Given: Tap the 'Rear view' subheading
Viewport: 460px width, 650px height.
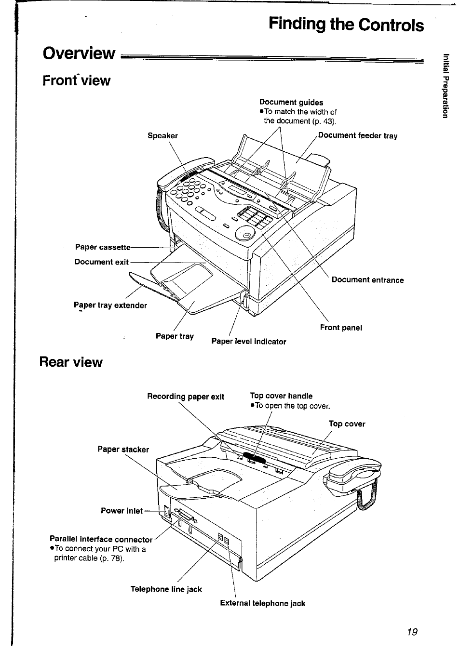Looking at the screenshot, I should tap(71, 362).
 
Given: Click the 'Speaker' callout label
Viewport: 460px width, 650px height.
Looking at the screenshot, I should tap(162, 136).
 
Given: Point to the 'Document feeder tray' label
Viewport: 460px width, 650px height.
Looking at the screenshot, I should tap(357, 136).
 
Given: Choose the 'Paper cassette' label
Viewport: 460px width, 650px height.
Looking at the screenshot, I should tap(103, 247).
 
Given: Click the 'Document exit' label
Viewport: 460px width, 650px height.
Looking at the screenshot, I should tap(101, 262).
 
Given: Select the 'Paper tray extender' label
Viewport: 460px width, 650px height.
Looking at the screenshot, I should tap(110, 305).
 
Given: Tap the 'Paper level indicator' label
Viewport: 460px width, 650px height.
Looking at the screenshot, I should tap(249, 342).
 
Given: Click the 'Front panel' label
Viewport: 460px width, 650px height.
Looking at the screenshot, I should tap(341, 328).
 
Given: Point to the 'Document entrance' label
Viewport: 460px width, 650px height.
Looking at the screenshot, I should tap(367, 280).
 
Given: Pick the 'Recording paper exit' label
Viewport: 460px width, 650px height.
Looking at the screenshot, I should tap(186, 397).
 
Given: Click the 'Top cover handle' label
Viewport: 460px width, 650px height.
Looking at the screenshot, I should tap(281, 396).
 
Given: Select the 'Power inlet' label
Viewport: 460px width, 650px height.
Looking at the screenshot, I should tap(122, 511).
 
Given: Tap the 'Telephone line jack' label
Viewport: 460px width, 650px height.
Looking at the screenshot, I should tap(166, 589).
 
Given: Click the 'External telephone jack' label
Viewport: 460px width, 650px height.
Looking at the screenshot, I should tap(262, 603).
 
